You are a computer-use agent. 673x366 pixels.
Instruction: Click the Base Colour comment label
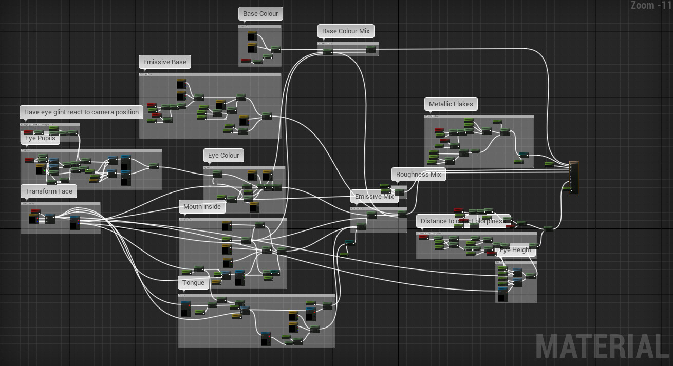(x=260, y=14)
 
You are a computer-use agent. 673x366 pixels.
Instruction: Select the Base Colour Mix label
(x=346, y=31)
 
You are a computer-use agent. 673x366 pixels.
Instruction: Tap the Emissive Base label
(x=164, y=62)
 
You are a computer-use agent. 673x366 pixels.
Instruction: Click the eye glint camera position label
(x=81, y=112)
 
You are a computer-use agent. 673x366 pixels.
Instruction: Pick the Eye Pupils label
(x=40, y=138)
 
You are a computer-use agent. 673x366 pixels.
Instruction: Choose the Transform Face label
(x=49, y=191)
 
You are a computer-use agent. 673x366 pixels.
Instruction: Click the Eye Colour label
(x=223, y=156)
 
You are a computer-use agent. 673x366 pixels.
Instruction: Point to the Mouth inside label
(x=202, y=207)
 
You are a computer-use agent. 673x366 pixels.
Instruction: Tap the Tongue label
(x=193, y=283)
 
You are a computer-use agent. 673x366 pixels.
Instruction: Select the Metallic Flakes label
(x=451, y=104)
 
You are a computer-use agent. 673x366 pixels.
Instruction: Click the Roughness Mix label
(x=418, y=175)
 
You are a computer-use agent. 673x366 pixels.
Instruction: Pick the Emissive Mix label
(x=374, y=197)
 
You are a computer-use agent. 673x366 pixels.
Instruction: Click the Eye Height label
(x=515, y=250)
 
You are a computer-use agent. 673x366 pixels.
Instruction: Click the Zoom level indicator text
(x=650, y=6)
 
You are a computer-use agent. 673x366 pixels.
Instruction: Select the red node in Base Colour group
(x=246, y=61)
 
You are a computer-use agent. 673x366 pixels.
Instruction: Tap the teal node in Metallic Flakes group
(x=523, y=155)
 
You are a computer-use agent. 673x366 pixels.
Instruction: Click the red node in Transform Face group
(x=35, y=211)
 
